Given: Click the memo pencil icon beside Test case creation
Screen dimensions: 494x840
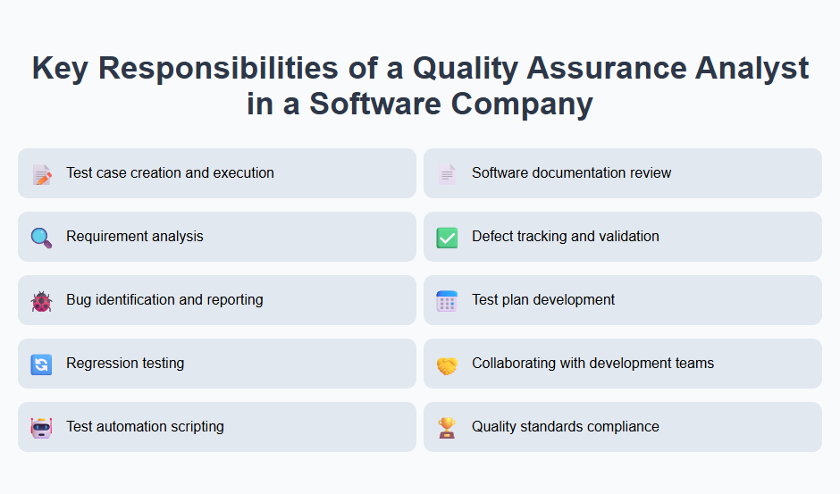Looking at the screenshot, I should pos(41,174).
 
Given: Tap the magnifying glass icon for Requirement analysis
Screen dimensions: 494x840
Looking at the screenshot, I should pos(41,238).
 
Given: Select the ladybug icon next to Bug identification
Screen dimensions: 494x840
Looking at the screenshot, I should pos(41,301).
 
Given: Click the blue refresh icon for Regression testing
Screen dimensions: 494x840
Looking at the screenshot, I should pos(41,364).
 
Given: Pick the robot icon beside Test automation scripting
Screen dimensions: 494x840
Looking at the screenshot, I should pos(41,428).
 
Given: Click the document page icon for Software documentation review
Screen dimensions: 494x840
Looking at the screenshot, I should pos(447,174).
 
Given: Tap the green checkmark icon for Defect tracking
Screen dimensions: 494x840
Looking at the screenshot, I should pos(447,238).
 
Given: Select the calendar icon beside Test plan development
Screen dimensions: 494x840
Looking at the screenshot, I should pos(447,301).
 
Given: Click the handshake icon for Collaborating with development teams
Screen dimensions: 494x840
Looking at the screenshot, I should pos(447,364).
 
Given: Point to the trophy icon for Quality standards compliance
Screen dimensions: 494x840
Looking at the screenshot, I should pos(447,428).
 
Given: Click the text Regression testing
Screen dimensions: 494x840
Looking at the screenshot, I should pos(125,364).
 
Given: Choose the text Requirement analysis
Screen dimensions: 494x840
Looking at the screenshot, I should pos(135,237).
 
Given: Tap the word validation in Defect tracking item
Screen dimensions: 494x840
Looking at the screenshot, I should pos(626,237).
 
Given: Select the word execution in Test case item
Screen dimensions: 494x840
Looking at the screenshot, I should pos(242,173).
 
